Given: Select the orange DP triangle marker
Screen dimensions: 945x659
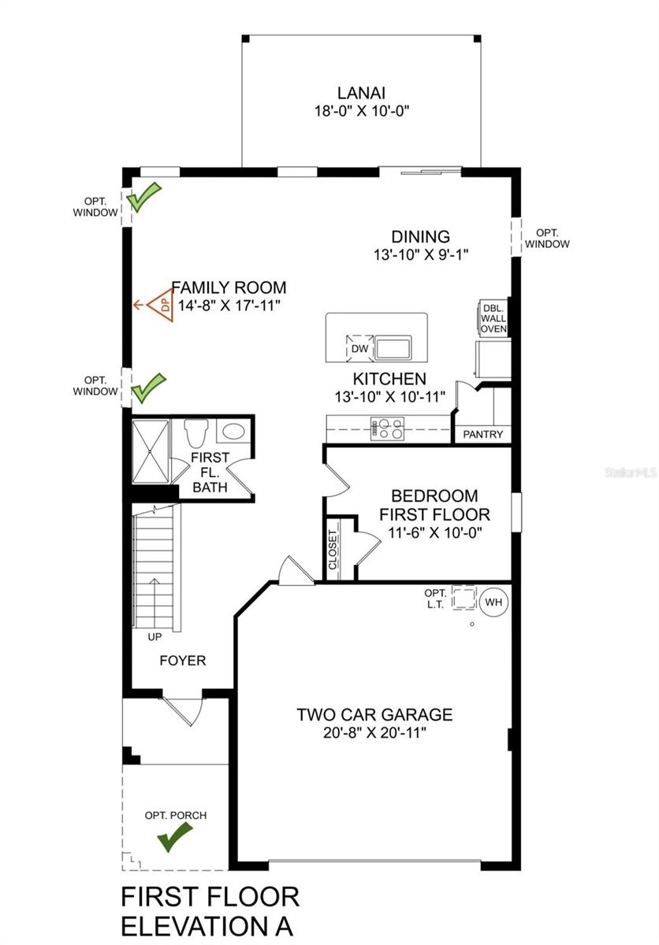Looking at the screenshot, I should click(162, 305).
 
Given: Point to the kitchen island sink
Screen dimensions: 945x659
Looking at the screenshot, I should click(393, 346).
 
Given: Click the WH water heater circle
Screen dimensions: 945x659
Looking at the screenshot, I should click(493, 602).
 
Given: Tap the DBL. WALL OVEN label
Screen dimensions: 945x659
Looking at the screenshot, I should click(493, 318).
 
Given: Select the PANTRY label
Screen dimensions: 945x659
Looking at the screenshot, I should click(482, 435).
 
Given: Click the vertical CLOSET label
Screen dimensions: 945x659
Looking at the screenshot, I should click(333, 550).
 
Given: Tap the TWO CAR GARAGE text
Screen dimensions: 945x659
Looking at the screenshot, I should click(374, 715).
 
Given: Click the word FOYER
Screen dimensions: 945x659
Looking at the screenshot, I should click(182, 660).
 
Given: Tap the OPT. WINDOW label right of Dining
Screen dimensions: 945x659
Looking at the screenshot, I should click(548, 239).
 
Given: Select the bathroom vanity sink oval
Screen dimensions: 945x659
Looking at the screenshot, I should click(233, 432).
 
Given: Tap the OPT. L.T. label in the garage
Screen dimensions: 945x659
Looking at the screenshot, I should click(435, 598).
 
